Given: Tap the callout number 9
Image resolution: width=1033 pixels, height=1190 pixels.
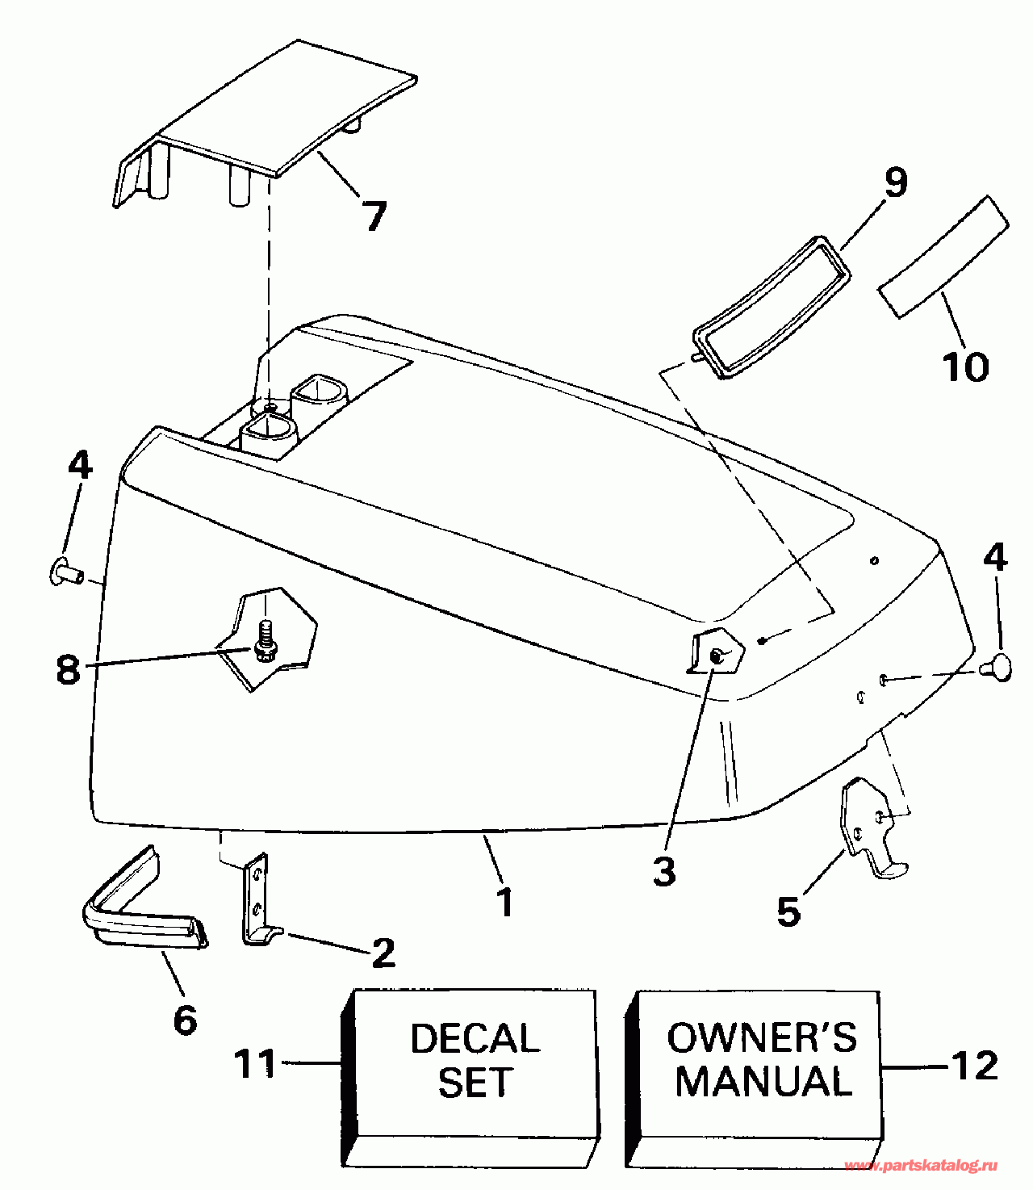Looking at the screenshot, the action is (x=894, y=182).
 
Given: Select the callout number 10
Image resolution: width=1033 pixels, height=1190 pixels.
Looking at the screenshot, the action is (x=965, y=367).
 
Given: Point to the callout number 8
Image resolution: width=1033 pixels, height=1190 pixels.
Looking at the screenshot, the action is (x=69, y=668).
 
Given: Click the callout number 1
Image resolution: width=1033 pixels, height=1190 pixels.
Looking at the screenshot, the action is (x=505, y=902).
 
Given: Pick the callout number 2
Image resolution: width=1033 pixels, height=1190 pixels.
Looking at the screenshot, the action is (x=383, y=953).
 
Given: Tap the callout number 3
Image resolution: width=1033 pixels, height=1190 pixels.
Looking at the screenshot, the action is (x=663, y=872).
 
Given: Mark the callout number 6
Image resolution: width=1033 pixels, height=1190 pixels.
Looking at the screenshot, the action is (x=185, y=1020).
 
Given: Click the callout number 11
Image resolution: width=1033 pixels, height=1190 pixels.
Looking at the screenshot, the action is (x=255, y=1064).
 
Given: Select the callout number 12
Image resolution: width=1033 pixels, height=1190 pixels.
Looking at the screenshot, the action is (x=976, y=1066).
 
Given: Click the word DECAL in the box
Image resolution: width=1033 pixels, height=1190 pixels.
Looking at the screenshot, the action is (x=475, y=1039).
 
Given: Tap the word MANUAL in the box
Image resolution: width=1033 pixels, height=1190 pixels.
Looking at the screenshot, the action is (x=763, y=1082).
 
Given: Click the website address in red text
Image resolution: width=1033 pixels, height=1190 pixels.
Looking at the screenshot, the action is (x=921, y=1166).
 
